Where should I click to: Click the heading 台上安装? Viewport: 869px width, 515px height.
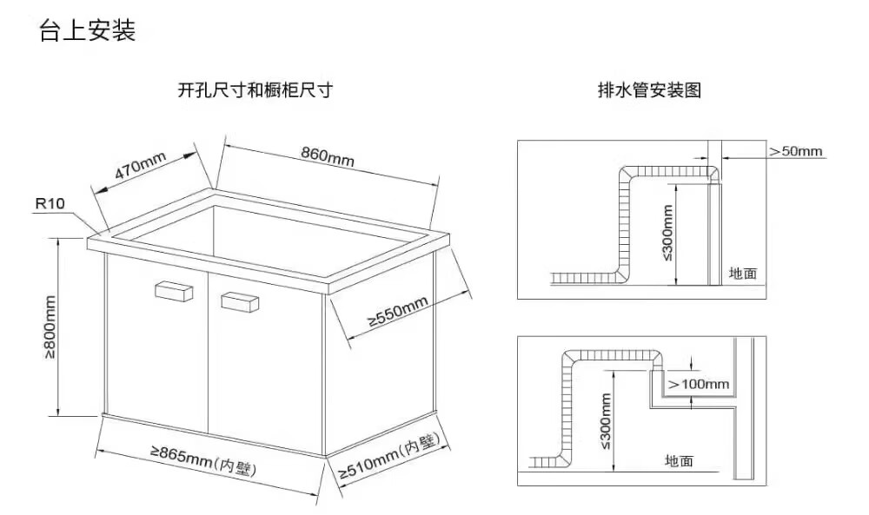(x=87, y=32)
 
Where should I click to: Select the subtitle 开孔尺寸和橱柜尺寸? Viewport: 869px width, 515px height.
(x=255, y=90)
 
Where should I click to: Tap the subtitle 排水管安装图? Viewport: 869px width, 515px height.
(x=649, y=90)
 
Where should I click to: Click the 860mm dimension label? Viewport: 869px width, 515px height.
(x=328, y=155)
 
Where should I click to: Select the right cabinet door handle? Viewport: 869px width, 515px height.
(x=241, y=300)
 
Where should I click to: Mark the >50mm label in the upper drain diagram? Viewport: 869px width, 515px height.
(x=795, y=151)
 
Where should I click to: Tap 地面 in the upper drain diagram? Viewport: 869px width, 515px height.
(x=743, y=274)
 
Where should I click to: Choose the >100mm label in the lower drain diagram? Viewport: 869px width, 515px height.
(x=699, y=384)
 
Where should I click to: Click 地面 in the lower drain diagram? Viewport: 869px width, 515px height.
(x=679, y=460)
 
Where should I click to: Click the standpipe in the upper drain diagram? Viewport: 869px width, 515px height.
(x=713, y=234)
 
